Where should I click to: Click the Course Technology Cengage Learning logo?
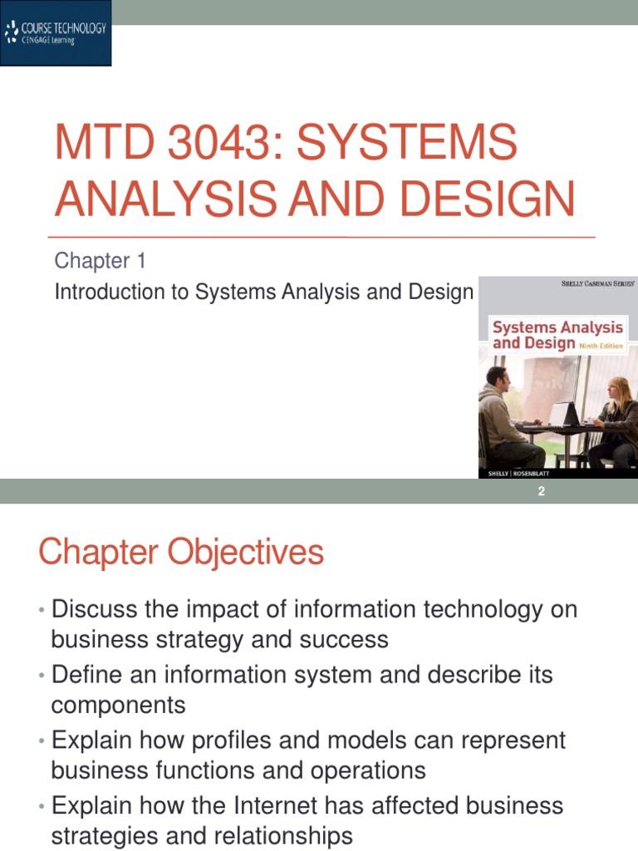(x=56, y=34)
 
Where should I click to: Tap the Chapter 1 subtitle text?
(x=100, y=261)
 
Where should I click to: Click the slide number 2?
(x=541, y=492)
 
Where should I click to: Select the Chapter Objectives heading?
(x=180, y=553)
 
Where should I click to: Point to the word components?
(x=118, y=706)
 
